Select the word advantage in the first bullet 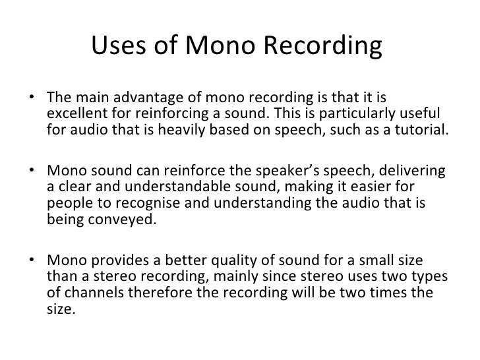(x=133, y=99)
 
